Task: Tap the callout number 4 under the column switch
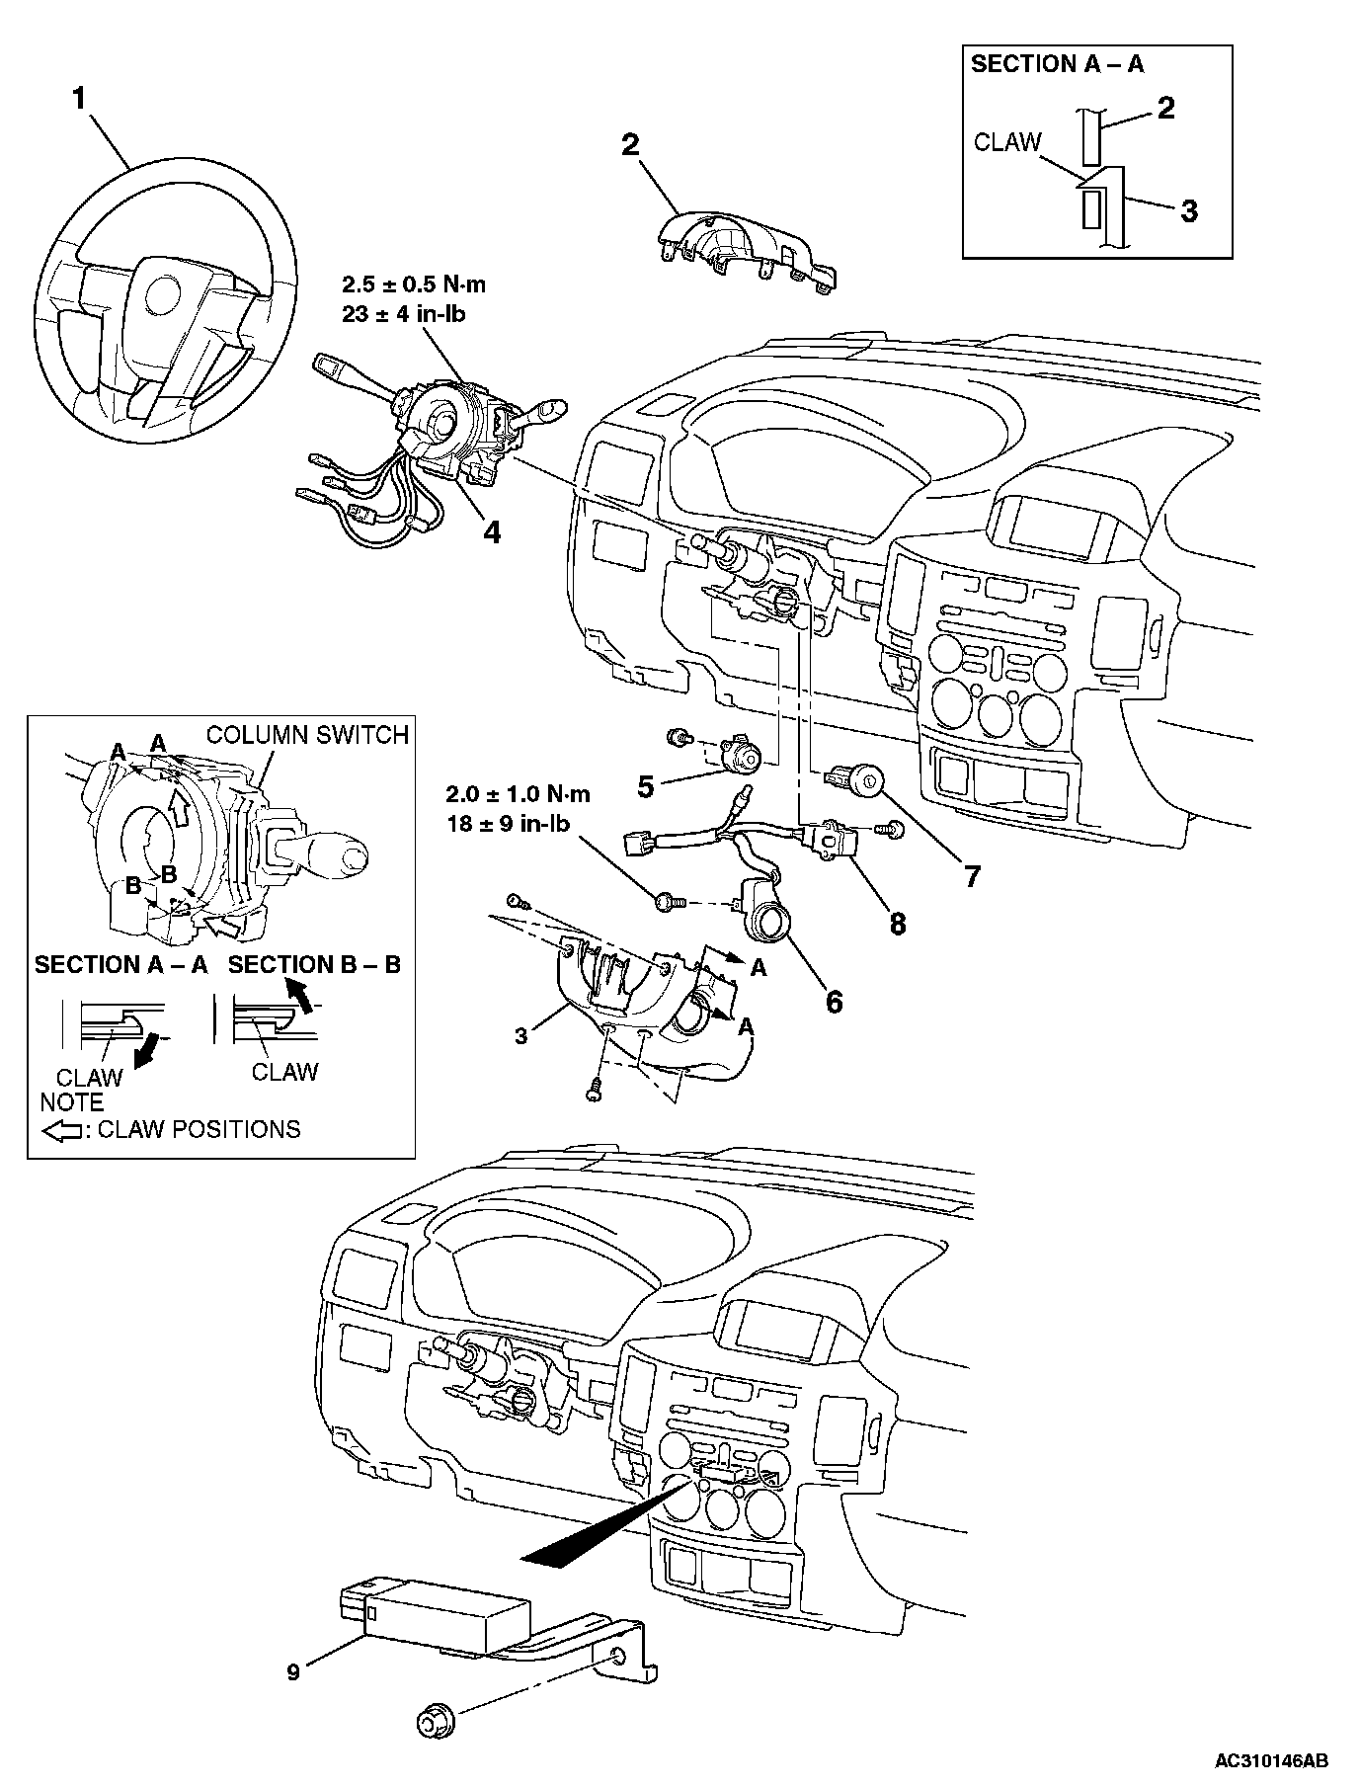pos(491,532)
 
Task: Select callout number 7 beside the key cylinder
pos(972,875)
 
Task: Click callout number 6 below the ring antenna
pos(834,1002)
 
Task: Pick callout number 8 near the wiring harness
pos(897,923)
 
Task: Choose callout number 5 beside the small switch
pos(645,786)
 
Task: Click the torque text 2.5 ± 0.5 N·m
pos(413,285)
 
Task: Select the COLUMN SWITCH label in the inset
pos(307,735)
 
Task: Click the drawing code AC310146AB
pos(1271,1760)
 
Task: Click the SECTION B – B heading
pos(314,965)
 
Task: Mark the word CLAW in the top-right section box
pos(1007,142)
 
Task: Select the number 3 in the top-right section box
pos(1189,210)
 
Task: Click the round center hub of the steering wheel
pos(159,294)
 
